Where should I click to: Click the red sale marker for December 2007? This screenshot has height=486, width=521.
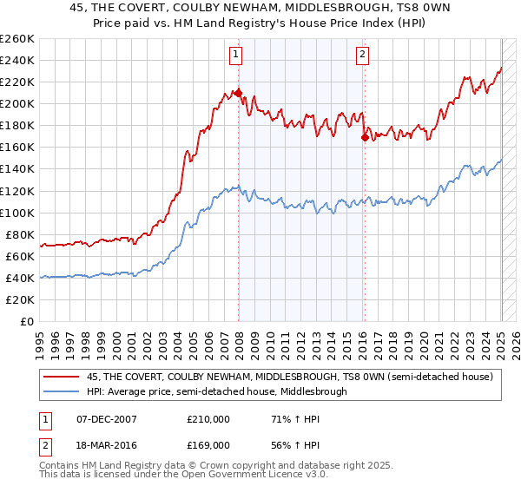point(237,93)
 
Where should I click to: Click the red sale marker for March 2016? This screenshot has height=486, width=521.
point(364,137)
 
